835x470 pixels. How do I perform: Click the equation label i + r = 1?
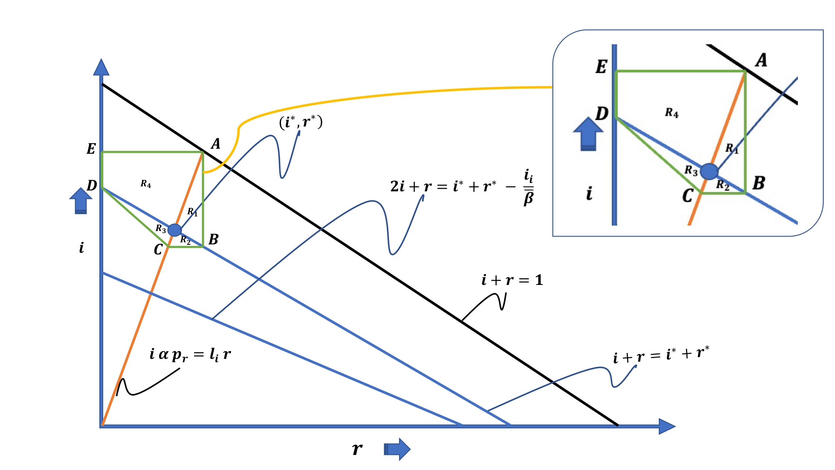click(x=512, y=280)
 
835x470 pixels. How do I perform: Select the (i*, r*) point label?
click(x=301, y=122)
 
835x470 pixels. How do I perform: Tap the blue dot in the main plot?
click(x=175, y=230)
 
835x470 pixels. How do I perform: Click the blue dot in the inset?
click(x=709, y=171)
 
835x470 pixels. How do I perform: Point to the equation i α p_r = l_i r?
click(x=190, y=355)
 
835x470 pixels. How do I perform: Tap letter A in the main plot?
click(x=215, y=144)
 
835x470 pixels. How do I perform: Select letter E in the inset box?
click(x=601, y=67)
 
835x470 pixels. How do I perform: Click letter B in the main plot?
click(x=213, y=239)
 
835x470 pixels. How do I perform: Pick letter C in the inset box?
click(x=688, y=196)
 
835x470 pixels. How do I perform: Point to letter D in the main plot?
click(x=91, y=185)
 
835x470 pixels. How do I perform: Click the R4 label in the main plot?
click(x=146, y=184)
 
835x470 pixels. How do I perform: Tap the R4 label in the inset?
click(x=672, y=112)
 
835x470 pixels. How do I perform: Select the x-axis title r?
click(x=357, y=449)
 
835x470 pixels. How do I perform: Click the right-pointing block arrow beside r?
click(x=397, y=449)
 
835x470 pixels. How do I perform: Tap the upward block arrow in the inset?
click(x=588, y=134)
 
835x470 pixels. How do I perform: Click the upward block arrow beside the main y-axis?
click(x=81, y=201)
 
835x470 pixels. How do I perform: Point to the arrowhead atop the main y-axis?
click(x=101, y=68)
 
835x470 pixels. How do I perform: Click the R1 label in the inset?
click(x=731, y=148)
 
